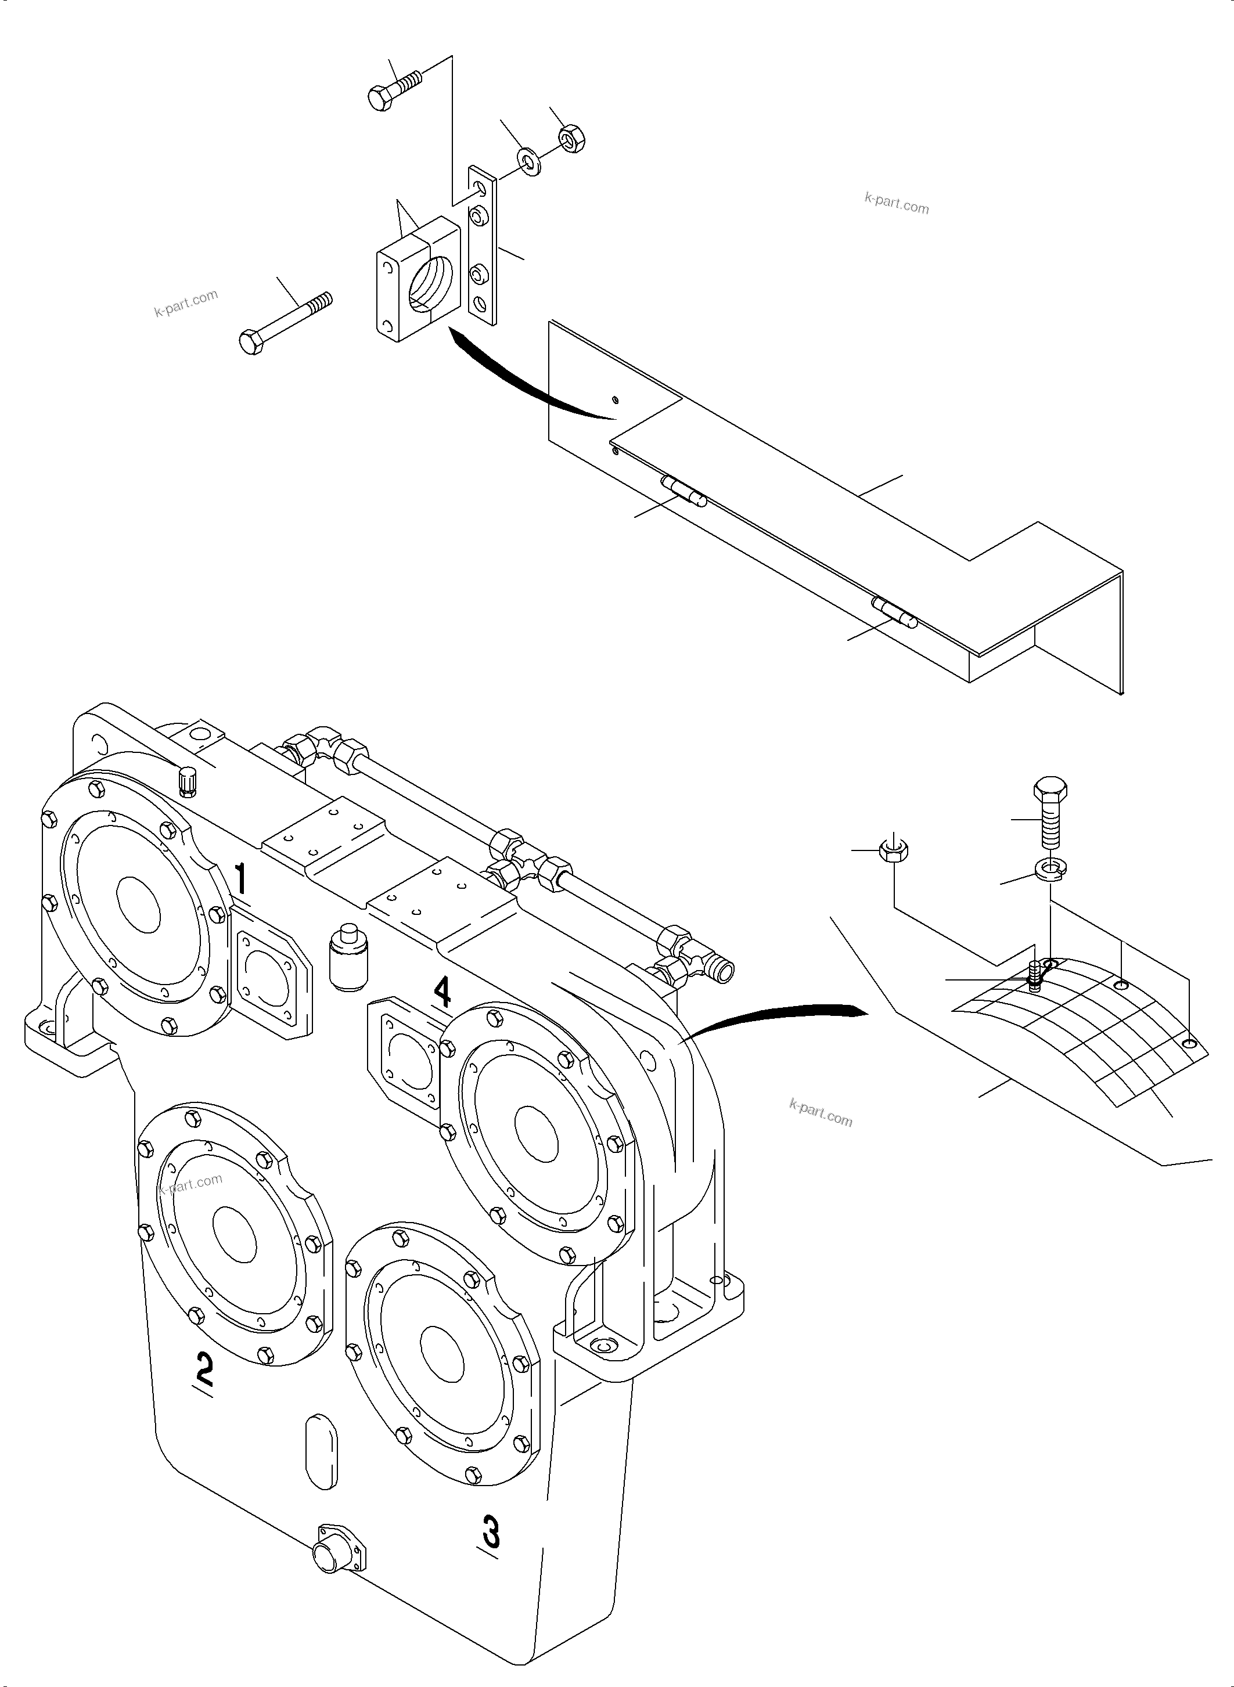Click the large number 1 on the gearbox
tap(240, 878)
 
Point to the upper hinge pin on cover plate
tap(683, 493)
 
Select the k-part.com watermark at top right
tap(897, 203)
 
